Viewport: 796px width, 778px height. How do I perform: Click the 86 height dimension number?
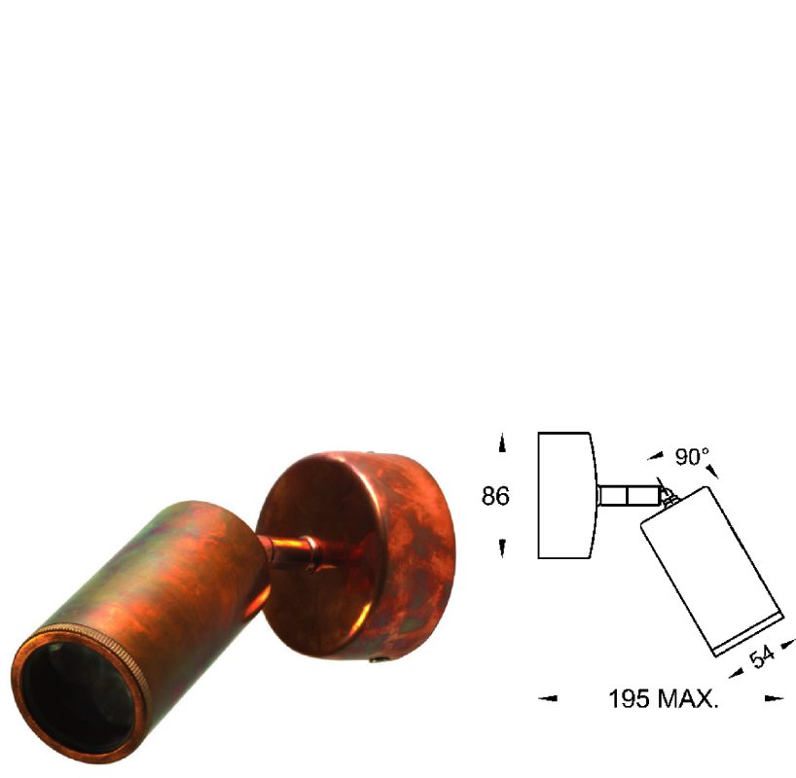tap(496, 496)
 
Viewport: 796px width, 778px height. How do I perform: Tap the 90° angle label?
tap(692, 456)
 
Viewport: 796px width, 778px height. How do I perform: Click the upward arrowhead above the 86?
tap(502, 443)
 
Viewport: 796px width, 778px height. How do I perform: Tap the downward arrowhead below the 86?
tap(502, 549)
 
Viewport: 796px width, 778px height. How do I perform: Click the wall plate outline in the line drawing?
tap(564, 495)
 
